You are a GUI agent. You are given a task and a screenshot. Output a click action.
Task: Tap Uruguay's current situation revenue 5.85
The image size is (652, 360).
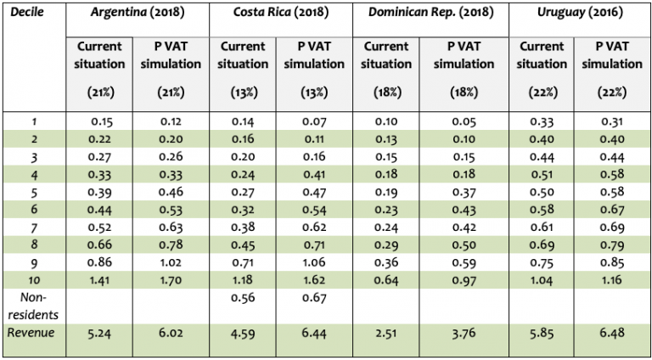(x=540, y=334)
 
